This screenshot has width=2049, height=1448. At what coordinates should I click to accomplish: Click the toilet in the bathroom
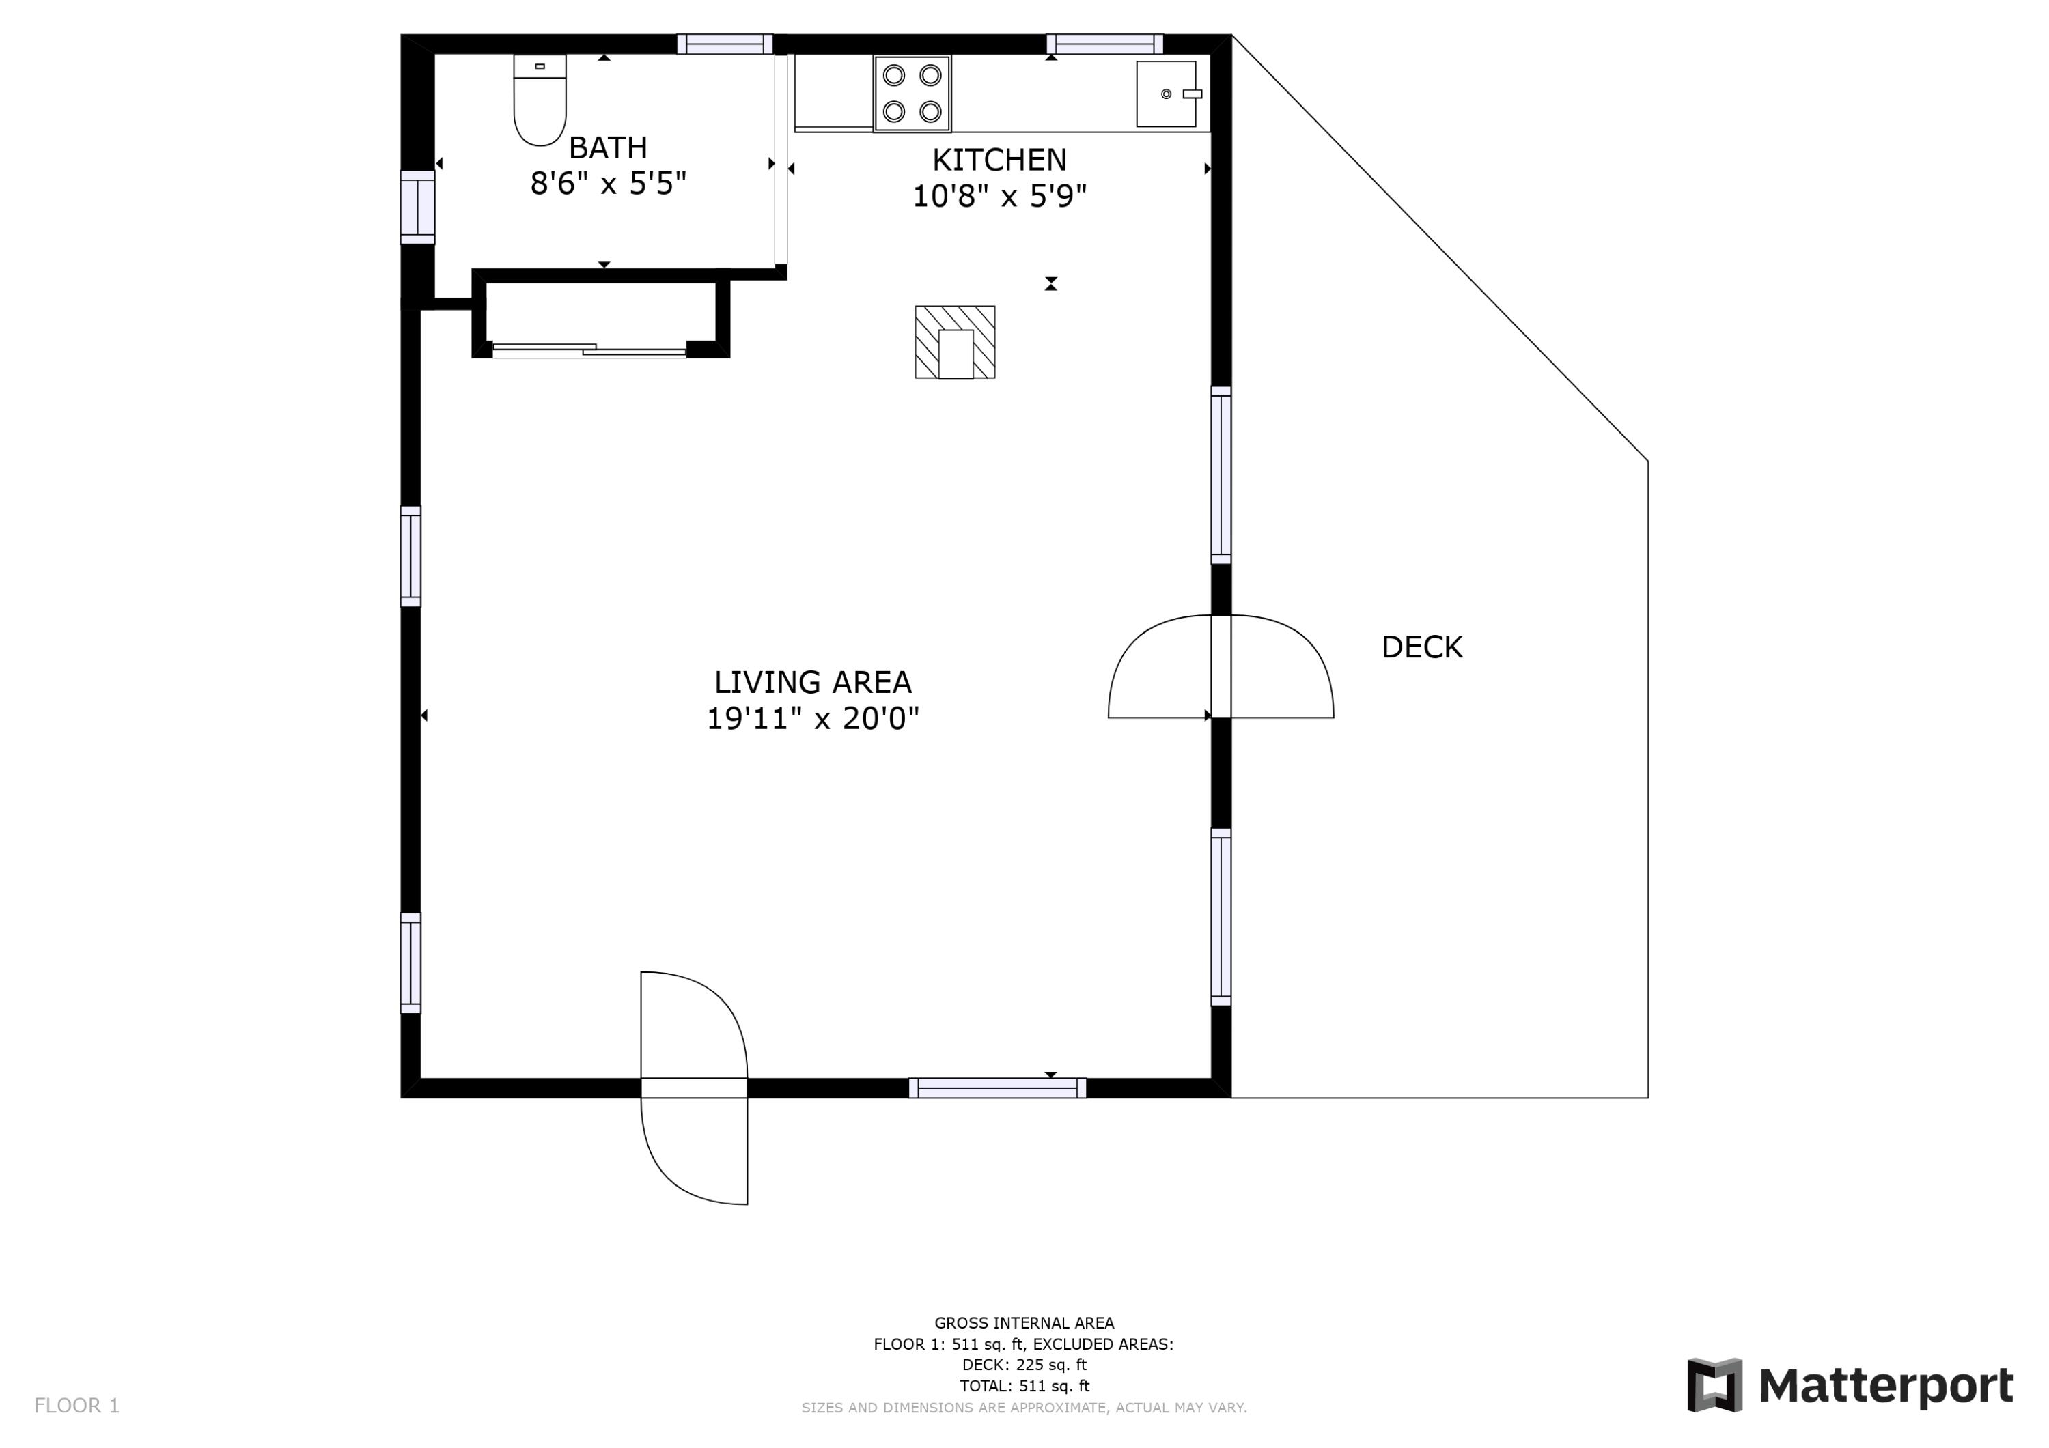(540, 100)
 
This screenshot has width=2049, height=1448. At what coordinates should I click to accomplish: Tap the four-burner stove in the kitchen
(912, 94)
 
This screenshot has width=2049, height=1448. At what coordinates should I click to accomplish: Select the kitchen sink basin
(1167, 94)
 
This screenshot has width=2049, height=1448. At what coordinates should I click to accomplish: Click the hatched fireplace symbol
(955, 343)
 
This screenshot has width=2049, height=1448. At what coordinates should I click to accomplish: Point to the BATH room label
(608, 147)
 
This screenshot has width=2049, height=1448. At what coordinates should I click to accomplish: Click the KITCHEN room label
(999, 160)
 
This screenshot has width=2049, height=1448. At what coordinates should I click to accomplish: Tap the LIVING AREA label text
(813, 683)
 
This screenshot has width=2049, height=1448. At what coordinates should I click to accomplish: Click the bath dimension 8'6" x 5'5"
(609, 184)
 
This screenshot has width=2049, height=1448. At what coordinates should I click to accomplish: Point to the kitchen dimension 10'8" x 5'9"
(999, 195)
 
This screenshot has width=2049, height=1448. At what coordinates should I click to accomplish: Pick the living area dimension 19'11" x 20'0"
(813, 718)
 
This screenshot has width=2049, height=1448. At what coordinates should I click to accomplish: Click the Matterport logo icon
(1714, 1386)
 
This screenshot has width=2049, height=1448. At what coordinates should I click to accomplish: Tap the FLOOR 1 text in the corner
(76, 1406)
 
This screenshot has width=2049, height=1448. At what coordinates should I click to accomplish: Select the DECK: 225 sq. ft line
(1024, 1364)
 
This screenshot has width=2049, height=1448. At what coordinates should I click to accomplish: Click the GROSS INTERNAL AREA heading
(1024, 1323)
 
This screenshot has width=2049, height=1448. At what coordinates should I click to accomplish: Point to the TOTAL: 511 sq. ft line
(1024, 1386)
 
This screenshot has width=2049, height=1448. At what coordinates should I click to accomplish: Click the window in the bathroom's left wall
(417, 207)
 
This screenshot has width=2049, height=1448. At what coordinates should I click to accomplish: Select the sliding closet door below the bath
(589, 350)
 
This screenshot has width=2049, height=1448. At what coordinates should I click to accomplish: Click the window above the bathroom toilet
(725, 44)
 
